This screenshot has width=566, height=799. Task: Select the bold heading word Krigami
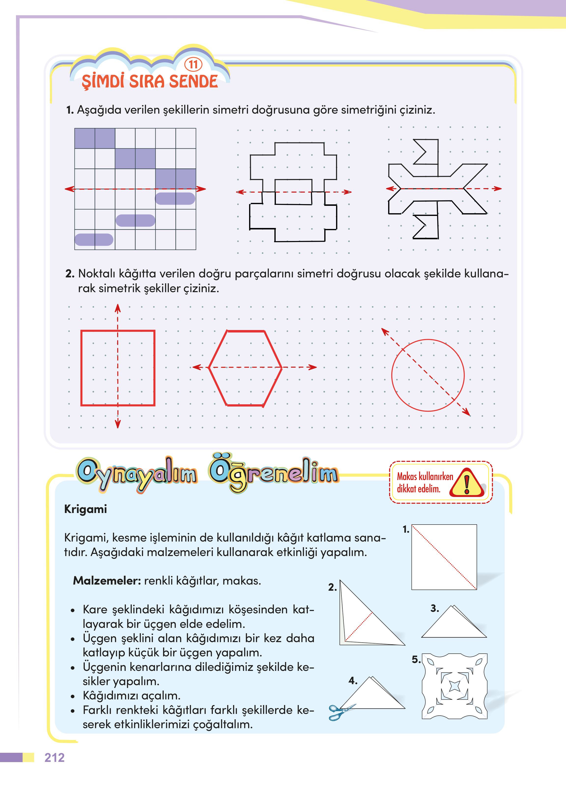(x=85, y=509)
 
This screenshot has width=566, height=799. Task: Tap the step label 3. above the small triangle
(x=435, y=608)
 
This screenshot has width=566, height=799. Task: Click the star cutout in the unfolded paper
(x=454, y=686)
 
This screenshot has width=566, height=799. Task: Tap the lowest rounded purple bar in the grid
(x=94, y=240)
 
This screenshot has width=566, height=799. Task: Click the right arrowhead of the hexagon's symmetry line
(x=313, y=367)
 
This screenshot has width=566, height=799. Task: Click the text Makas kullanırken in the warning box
(x=425, y=477)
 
